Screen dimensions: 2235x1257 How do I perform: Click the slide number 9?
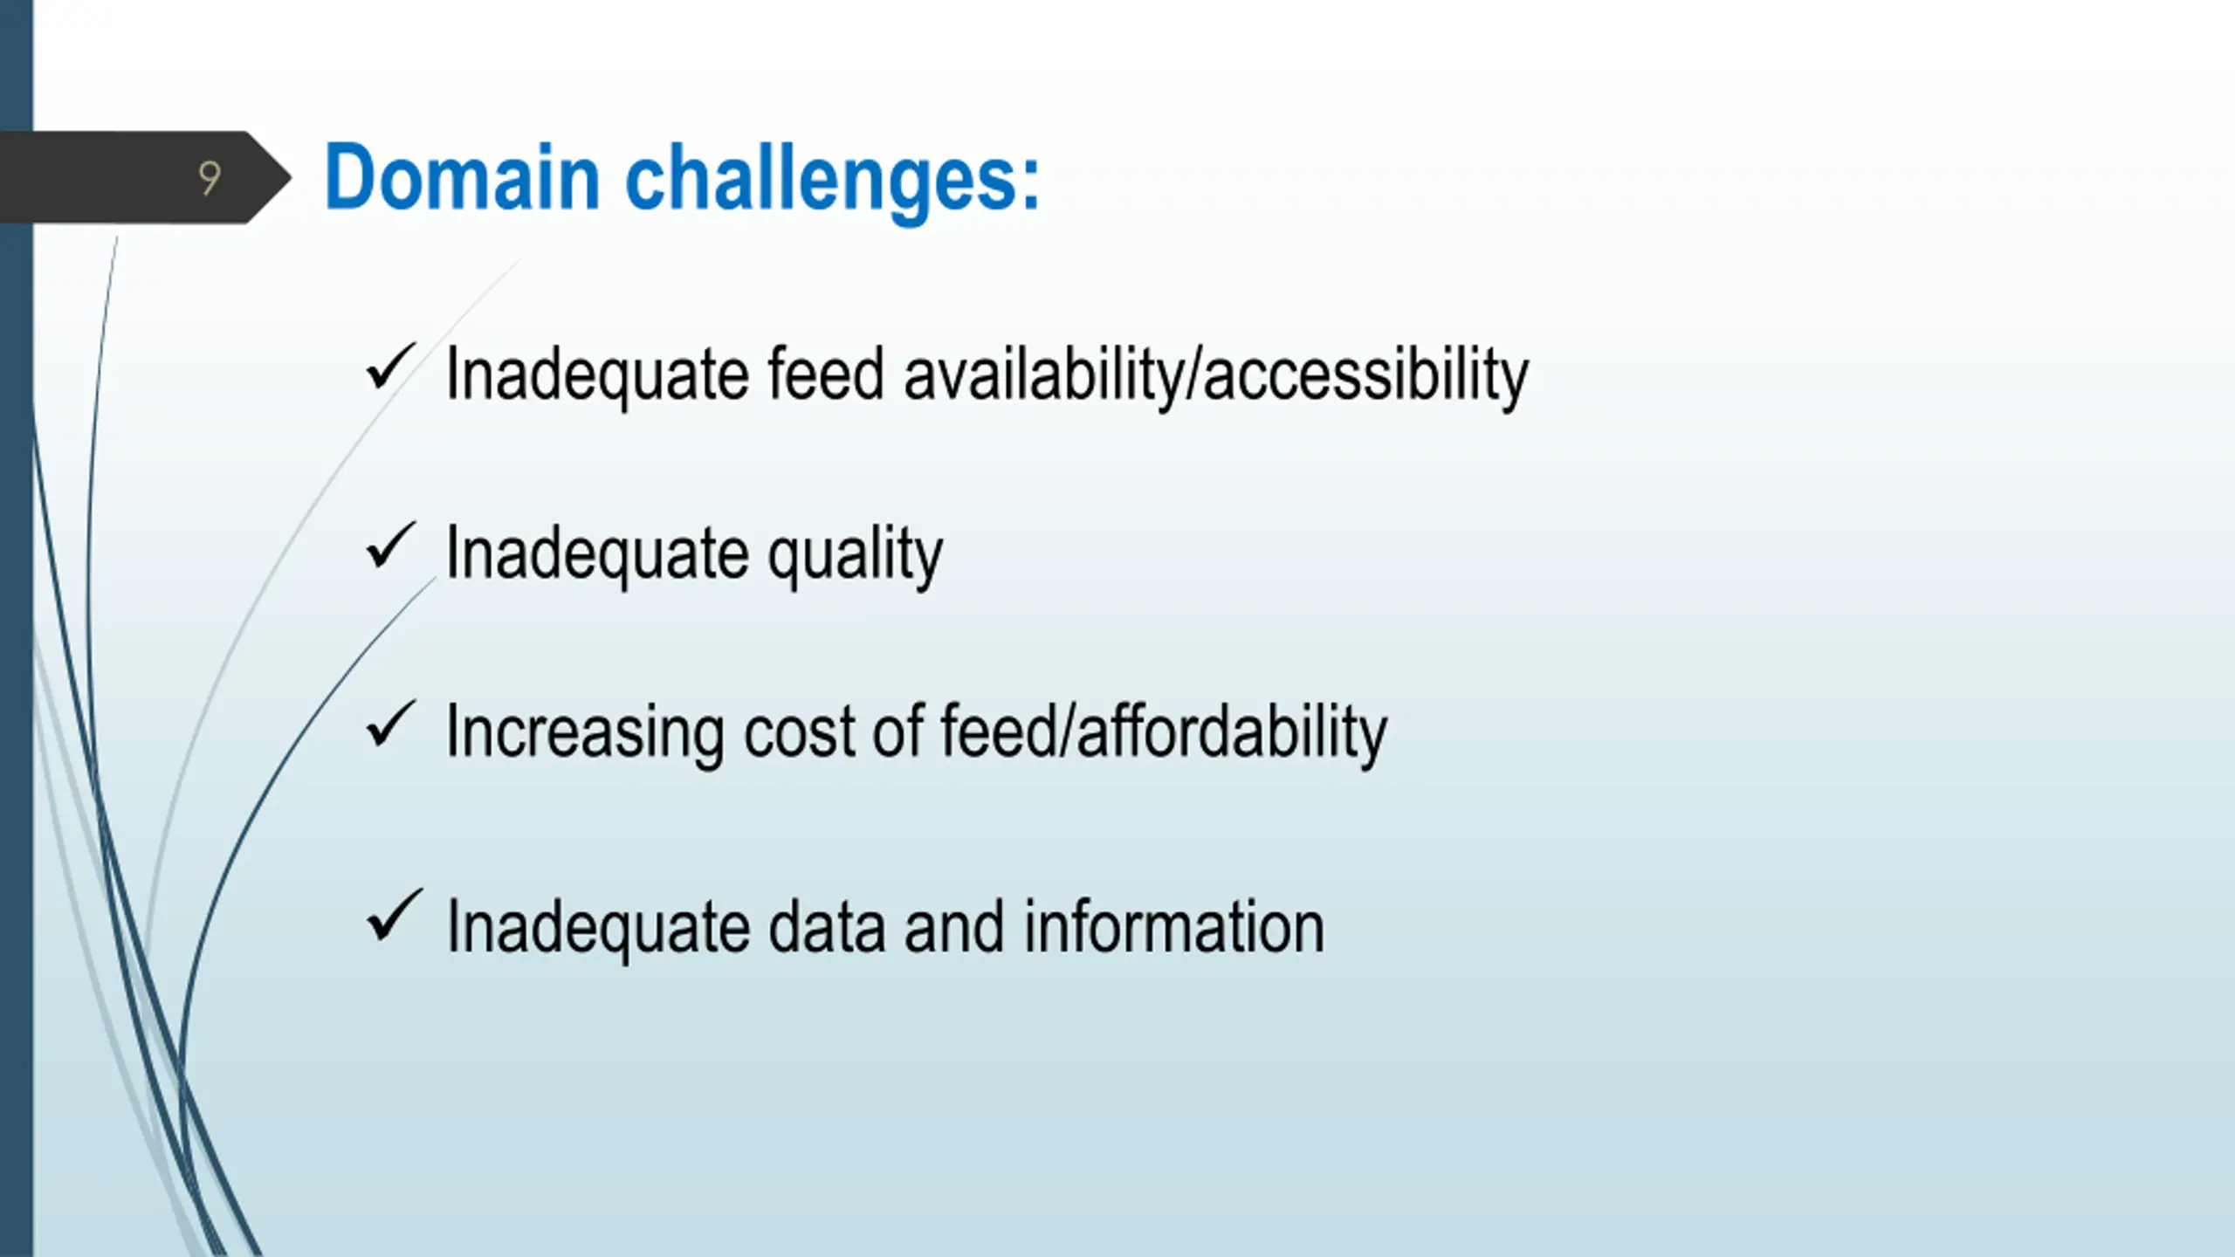coord(210,178)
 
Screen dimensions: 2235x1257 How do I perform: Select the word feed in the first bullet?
coord(826,374)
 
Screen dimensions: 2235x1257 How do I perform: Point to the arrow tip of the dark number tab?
coord(291,178)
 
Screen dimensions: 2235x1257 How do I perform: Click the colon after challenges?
coord(1031,186)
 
